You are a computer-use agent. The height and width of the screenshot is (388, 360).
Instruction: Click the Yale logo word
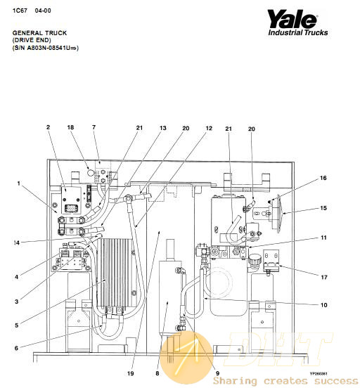click(292, 19)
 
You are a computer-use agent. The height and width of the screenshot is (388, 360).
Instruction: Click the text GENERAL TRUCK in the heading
click(39, 33)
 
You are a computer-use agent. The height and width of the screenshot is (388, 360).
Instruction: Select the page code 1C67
click(20, 11)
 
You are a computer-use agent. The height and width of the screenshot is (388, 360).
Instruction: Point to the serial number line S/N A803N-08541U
click(46, 48)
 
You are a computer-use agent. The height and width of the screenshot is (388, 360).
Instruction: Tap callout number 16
click(323, 178)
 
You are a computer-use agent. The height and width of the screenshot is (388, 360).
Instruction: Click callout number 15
click(323, 208)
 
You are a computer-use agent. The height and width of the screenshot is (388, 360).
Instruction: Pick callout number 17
click(324, 277)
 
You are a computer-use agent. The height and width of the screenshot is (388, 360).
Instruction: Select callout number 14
click(16, 242)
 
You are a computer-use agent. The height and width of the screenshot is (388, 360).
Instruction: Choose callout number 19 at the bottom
click(131, 373)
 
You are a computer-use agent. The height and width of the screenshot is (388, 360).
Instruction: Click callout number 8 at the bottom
click(157, 373)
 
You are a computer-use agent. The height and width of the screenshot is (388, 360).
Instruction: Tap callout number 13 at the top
click(162, 128)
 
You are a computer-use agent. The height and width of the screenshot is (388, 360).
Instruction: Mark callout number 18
click(70, 127)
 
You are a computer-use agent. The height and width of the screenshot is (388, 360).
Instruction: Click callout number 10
click(324, 305)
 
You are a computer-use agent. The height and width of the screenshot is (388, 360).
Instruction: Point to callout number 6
click(16, 348)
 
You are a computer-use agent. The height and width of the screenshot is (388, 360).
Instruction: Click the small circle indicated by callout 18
click(91, 172)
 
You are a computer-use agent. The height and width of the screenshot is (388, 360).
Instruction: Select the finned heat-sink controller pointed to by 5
click(115, 273)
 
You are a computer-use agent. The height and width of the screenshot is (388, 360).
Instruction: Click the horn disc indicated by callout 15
click(278, 213)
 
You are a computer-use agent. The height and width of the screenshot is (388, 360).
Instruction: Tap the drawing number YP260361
click(319, 374)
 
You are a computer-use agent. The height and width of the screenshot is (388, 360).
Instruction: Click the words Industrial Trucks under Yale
click(298, 32)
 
